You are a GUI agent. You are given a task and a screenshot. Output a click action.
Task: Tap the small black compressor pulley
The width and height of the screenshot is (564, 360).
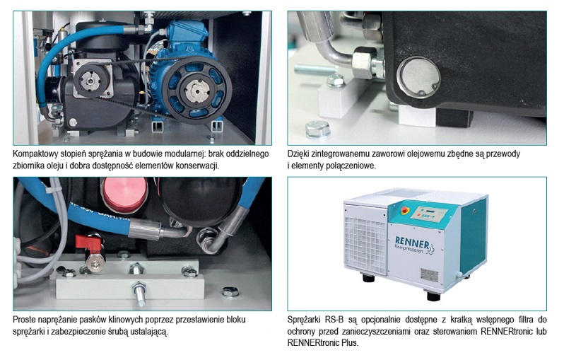pos(98,83)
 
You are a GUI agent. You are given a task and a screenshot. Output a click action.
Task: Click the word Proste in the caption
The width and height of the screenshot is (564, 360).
pos(25,320)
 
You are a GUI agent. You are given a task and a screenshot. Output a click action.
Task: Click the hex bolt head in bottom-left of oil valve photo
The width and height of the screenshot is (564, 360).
pos(316,128)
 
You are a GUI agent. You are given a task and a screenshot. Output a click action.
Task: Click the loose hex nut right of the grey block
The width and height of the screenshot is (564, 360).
pos(228,291)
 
